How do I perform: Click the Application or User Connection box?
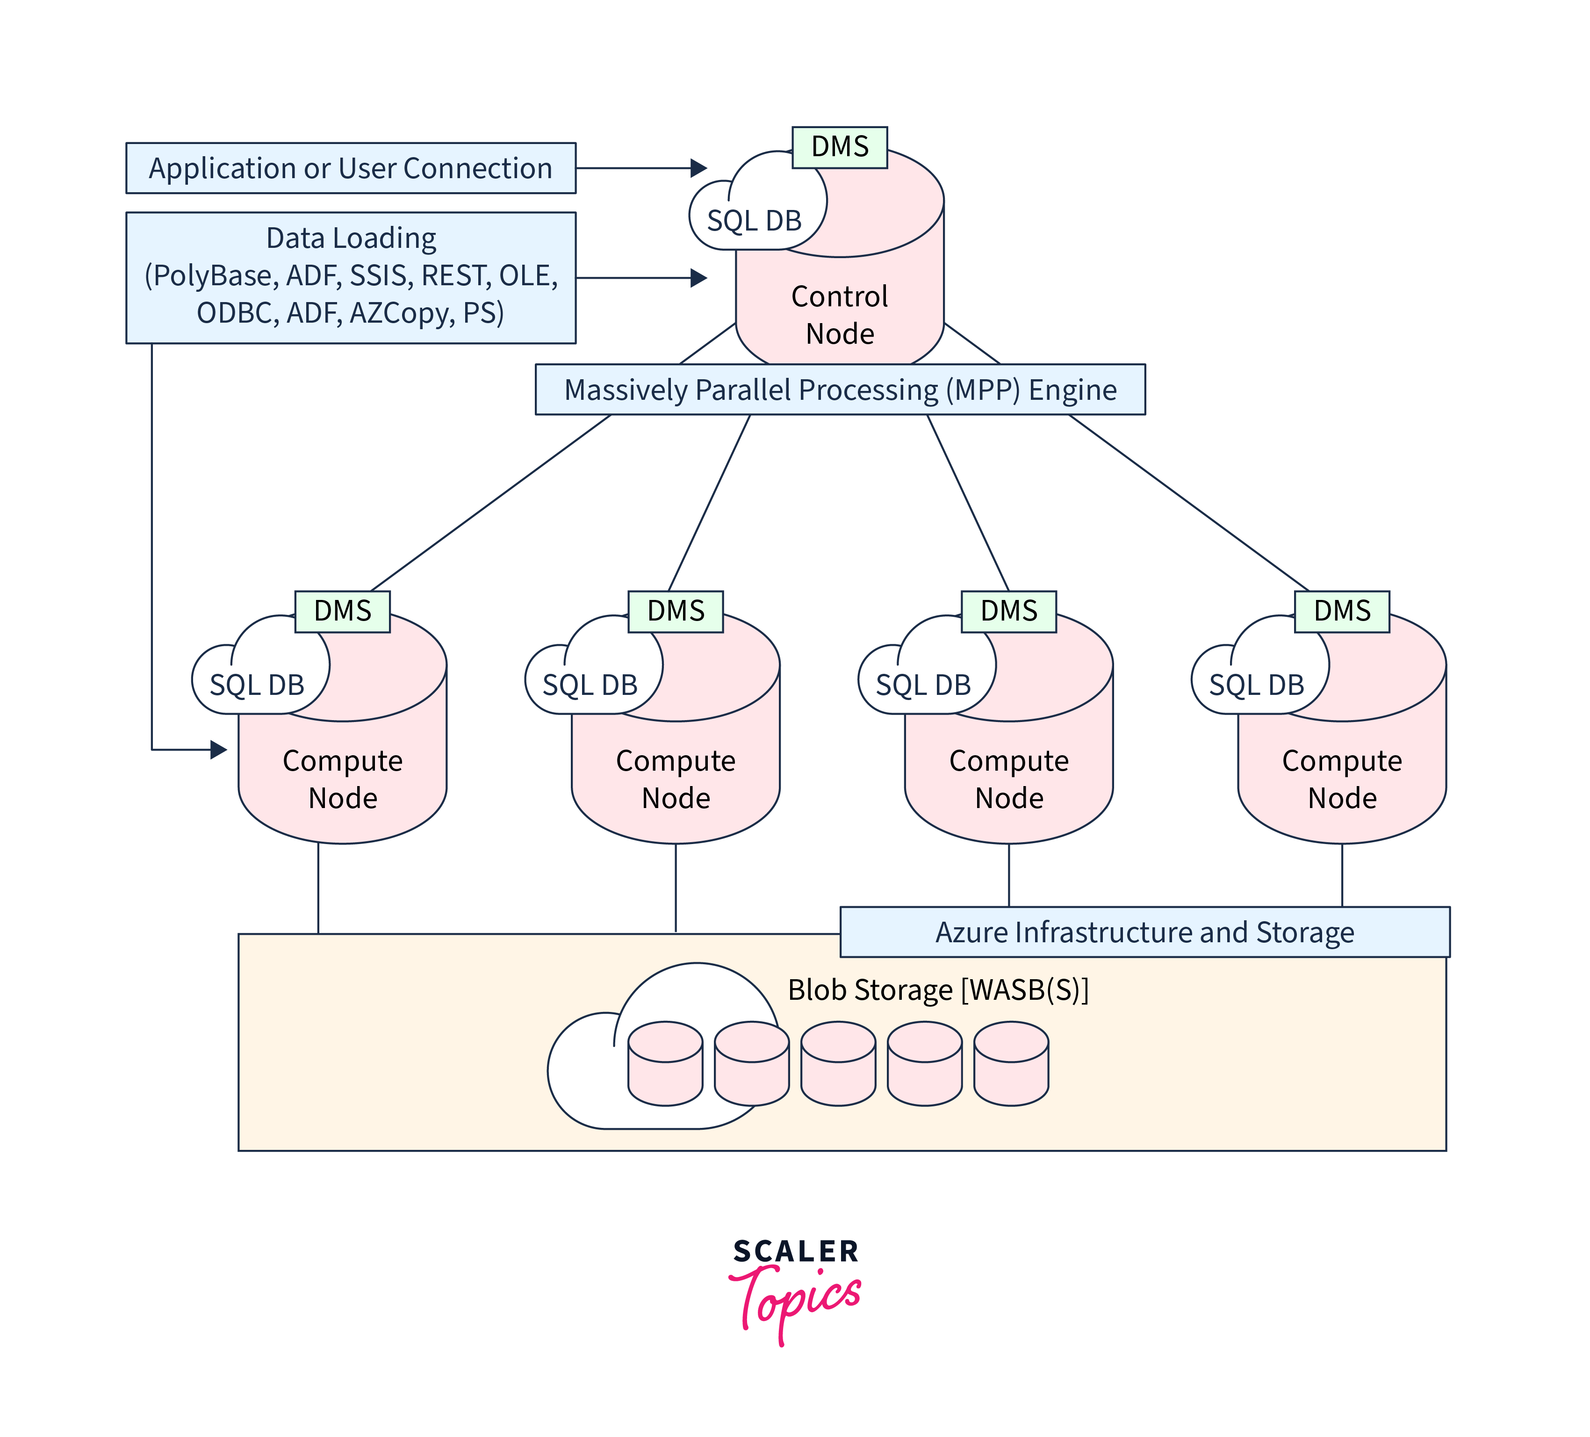coord(351,168)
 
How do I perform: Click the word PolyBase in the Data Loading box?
coord(211,276)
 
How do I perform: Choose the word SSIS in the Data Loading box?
coord(380,276)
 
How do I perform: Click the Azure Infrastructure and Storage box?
coord(1144,932)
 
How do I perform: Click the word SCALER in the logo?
coord(795,1251)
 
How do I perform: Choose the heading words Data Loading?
coord(351,238)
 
